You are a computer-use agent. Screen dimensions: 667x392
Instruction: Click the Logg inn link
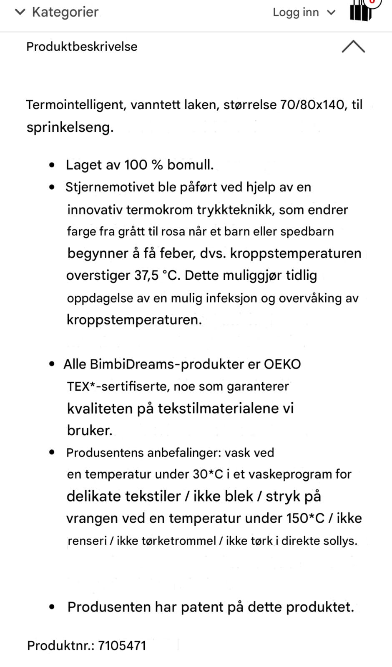[x=296, y=13]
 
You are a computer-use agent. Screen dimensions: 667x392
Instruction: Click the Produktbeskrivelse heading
[x=82, y=46]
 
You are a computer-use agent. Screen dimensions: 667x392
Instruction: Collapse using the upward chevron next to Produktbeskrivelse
[x=353, y=46]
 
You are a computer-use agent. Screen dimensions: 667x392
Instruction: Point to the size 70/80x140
[x=312, y=104]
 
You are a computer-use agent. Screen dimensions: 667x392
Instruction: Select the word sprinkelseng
[x=70, y=127]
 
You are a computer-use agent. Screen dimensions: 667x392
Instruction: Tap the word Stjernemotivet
[x=110, y=187]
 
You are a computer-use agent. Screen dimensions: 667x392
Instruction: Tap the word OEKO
[x=282, y=364]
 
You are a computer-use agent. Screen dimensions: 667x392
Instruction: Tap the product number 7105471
[x=122, y=646]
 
